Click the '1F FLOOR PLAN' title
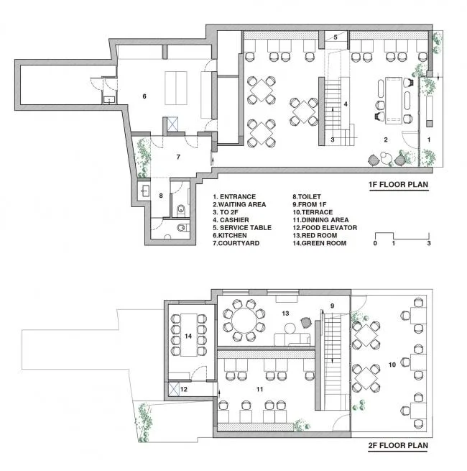click(398, 184)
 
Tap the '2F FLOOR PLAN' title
click(398, 445)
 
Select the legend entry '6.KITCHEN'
click(230, 236)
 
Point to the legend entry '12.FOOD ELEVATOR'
click(325, 228)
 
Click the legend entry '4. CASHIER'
click(231, 220)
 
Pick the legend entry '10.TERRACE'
click(313, 212)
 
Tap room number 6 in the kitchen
click(144, 96)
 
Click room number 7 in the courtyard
click(178, 157)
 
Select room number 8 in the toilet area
click(161, 196)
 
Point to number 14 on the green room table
click(188, 336)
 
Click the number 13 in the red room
click(285, 314)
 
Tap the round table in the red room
click(244, 320)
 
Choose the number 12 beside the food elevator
click(184, 389)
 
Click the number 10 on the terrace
click(392, 365)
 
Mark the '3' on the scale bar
click(429, 243)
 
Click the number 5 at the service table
click(336, 37)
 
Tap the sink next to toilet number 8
click(145, 191)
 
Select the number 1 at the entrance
click(429, 140)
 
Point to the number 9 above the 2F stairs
click(332, 306)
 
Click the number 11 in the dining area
click(259, 389)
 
